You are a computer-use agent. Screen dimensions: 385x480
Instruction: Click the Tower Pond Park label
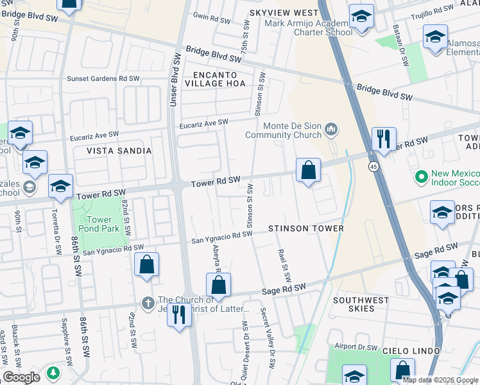click(94, 224)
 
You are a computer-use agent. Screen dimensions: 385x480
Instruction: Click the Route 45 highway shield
click(373, 167)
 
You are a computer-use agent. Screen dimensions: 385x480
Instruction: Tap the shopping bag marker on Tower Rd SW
click(308, 171)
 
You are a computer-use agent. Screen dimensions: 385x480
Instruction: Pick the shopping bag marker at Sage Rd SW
click(218, 285)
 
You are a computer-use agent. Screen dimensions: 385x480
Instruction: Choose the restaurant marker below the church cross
click(179, 314)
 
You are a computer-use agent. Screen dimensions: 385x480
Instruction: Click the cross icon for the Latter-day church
click(148, 302)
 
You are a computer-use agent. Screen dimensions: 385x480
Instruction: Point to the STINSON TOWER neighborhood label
click(306, 228)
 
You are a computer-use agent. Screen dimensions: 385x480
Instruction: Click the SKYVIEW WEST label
click(284, 13)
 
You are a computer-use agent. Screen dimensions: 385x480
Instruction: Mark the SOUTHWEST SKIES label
click(361, 304)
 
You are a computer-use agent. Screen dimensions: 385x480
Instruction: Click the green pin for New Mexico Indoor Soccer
click(422, 176)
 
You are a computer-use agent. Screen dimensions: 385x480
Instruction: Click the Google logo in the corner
click(21, 377)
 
